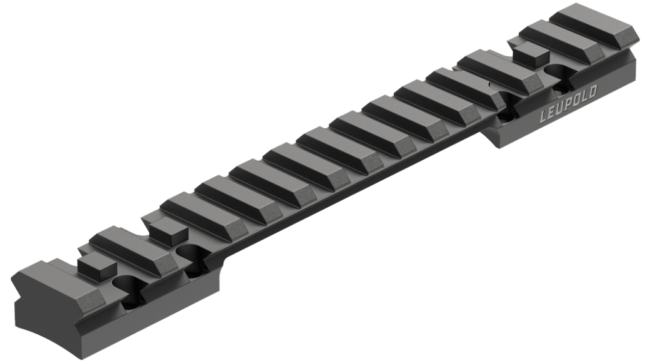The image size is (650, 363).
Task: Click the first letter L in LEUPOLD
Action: click(544, 116)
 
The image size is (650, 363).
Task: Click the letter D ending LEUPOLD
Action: click(592, 93)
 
